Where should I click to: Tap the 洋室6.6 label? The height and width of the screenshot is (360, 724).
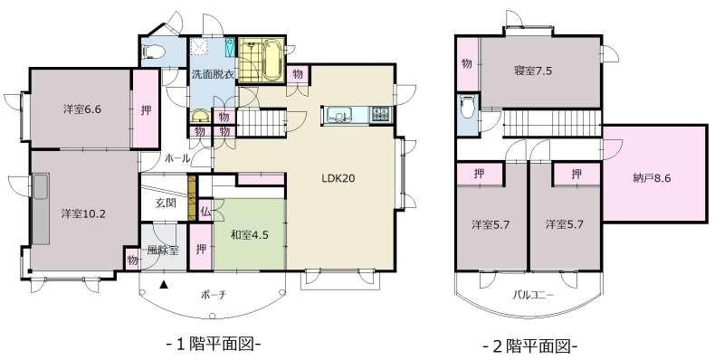click(82, 109)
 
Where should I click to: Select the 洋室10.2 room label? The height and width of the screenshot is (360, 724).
click(82, 214)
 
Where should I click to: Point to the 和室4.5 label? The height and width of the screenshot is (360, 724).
click(250, 234)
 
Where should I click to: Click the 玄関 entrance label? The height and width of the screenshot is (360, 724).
click(165, 204)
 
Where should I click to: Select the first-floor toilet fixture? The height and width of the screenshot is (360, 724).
click(152, 52)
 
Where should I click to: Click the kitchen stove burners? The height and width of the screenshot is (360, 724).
click(381, 115)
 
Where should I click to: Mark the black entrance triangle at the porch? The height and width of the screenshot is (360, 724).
click(163, 285)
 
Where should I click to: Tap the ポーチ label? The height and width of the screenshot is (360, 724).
click(214, 295)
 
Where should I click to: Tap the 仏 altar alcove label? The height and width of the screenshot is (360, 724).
click(206, 213)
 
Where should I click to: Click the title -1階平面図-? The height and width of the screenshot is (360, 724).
click(214, 345)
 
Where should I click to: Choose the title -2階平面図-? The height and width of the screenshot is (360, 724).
click(530, 345)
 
